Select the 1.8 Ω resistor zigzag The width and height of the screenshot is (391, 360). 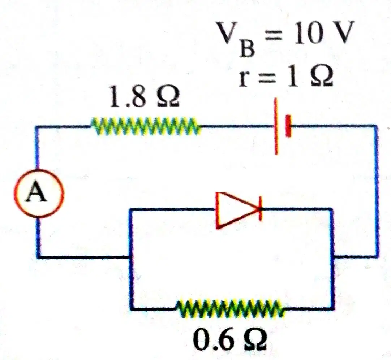145,126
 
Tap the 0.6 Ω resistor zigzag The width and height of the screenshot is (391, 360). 230,308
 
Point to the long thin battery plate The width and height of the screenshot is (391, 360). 276,126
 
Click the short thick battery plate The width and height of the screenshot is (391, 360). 288,126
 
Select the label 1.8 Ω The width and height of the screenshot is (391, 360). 144,97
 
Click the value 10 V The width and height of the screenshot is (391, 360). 324,33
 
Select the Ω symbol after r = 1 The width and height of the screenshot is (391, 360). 321,76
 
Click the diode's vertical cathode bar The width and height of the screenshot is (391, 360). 260,209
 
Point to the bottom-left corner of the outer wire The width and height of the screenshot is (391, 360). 39,256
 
